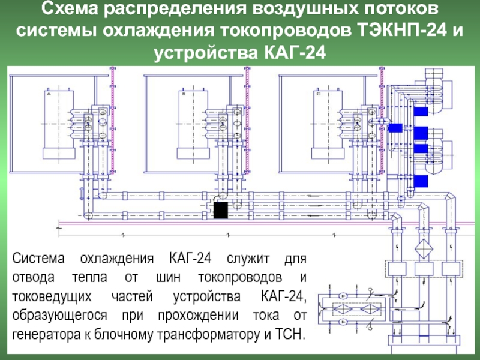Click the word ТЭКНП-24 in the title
pos(401,31)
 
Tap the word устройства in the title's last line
pos(206,53)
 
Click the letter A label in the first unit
pos(49,94)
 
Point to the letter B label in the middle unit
pos(184,94)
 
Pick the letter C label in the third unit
pos(319,94)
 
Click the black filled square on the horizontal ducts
pos(221,210)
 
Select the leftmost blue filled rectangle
pos(395,128)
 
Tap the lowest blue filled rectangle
pos(421,181)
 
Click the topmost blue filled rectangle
pos(421,112)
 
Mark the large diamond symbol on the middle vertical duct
pos(424,248)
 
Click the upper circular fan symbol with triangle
pos(343,296)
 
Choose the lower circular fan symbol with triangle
pos(343,322)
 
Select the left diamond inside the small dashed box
pos(342,309)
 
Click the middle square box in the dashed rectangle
pos(424,269)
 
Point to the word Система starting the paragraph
pos(38,259)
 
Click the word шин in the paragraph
pos(168,278)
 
